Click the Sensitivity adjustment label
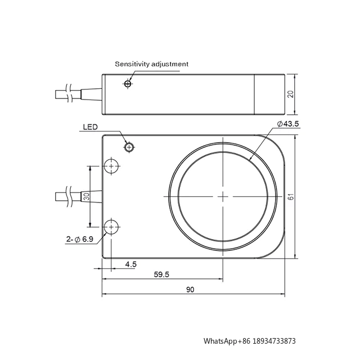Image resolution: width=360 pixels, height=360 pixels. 151,64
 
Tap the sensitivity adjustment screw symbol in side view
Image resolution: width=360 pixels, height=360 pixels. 128,84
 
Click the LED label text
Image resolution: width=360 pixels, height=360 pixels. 91,128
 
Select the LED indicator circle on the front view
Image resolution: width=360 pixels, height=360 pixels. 129,147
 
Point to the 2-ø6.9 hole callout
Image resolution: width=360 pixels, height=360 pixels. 79,239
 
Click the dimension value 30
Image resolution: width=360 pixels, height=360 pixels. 87,197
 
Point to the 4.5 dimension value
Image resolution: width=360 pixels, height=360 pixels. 130,263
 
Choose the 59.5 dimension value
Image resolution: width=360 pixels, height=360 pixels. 162,275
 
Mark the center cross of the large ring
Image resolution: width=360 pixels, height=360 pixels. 223,196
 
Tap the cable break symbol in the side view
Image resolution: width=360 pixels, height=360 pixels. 68,93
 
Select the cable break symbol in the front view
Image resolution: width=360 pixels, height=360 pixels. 68,196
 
